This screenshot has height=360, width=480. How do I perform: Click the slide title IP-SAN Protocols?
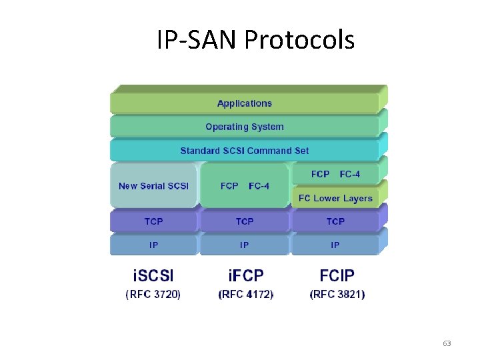pyautogui.click(x=255, y=40)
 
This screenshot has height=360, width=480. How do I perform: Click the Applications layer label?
pyautogui.click(x=245, y=103)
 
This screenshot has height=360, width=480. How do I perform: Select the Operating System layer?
pyautogui.click(x=245, y=127)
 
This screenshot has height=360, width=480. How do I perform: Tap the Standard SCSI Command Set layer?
pyautogui.click(x=245, y=151)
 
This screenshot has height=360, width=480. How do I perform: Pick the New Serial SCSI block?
pyautogui.click(x=153, y=186)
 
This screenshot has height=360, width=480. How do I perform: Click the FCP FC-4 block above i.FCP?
pyautogui.click(x=245, y=186)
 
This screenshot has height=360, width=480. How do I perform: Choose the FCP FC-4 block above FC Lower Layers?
pyautogui.click(x=335, y=174)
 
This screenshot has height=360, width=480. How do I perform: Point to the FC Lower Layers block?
pyautogui.click(x=335, y=198)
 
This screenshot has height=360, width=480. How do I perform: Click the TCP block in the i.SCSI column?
pyautogui.click(x=153, y=221)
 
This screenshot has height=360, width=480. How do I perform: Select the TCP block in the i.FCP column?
pyautogui.click(x=245, y=221)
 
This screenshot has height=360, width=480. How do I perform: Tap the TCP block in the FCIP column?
pyautogui.click(x=335, y=221)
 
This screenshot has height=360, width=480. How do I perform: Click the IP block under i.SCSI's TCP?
pyautogui.click(x=153, y=245)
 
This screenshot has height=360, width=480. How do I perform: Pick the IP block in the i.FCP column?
pyautogui.click(x=245, y=245)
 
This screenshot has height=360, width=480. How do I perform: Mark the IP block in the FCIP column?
pyautogui.click(x=335, y=245)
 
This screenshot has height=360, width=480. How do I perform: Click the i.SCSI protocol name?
pyautogui.click(x=153, y=275)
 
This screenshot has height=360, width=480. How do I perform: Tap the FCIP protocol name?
pyautogui.click(x=337, y=275)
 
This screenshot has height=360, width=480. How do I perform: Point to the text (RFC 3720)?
pyautogui.click(x=153, y=294)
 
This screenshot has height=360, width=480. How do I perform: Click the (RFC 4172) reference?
pyautogui.click(x=246, y=294)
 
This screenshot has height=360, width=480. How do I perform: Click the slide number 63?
pyautogui.click(x=447, y=343)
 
